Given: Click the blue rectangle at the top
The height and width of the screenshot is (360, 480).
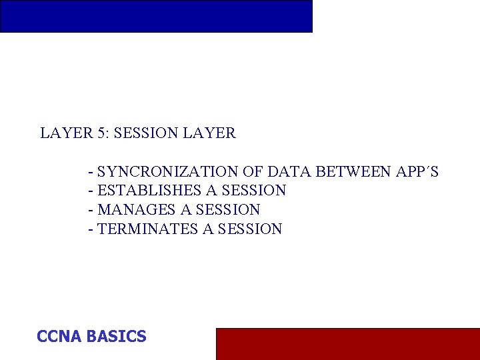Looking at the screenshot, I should (x=156, y=16).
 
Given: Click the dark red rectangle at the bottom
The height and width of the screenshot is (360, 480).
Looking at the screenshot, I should (x=347, y=343).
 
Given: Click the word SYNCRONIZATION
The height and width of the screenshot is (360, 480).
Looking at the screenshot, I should (x=167, y=172).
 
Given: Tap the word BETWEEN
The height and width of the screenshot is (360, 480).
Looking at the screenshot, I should (x=353, y=172).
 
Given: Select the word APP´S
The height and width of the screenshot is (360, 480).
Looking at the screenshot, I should (x=417, y=172).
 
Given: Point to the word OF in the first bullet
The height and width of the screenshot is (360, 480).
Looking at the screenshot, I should (x=253, y=172).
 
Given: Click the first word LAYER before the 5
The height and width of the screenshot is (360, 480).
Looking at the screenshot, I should (x=65, y=133).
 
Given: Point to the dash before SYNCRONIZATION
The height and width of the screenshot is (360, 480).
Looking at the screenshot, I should (x=91, y=173).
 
